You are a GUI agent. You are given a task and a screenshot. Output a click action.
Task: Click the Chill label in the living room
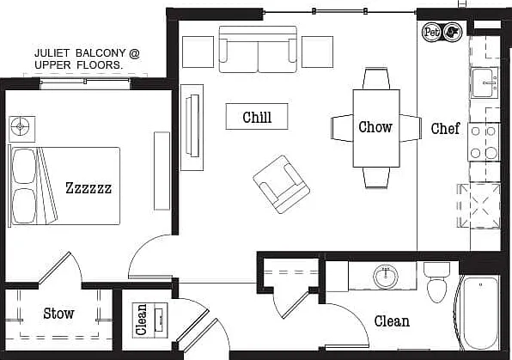[257, 117]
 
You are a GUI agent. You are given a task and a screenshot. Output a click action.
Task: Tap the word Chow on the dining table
[375, 127]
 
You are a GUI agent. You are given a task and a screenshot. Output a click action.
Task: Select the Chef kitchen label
[445, 128]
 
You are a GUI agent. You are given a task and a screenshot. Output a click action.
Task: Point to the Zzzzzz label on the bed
[88, 188]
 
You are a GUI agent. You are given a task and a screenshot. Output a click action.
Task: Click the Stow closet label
[58, 314]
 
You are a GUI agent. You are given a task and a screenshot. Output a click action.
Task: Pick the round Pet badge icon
[431, 32]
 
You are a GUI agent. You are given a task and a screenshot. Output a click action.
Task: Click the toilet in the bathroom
[436, 283]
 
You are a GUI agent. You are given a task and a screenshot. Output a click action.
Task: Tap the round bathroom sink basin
[386, 276]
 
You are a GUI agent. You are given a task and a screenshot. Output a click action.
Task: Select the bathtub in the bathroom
[479, 313]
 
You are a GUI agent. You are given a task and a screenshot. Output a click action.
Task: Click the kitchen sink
[484, 83]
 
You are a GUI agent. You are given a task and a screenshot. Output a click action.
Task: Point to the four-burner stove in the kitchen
[484, 142]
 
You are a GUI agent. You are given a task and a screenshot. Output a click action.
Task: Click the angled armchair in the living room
[281, 184]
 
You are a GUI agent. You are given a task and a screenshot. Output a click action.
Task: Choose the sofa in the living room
[258, 49]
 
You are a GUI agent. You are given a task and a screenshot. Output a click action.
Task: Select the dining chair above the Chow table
[376, 78]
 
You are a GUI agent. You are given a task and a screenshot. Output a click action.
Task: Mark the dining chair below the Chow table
[376, 178]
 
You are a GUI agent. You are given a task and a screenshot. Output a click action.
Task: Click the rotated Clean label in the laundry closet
[142, 320]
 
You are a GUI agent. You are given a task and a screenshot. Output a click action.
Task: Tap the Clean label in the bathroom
[392, 321]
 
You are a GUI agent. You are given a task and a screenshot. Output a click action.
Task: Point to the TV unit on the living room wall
[192, 127]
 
